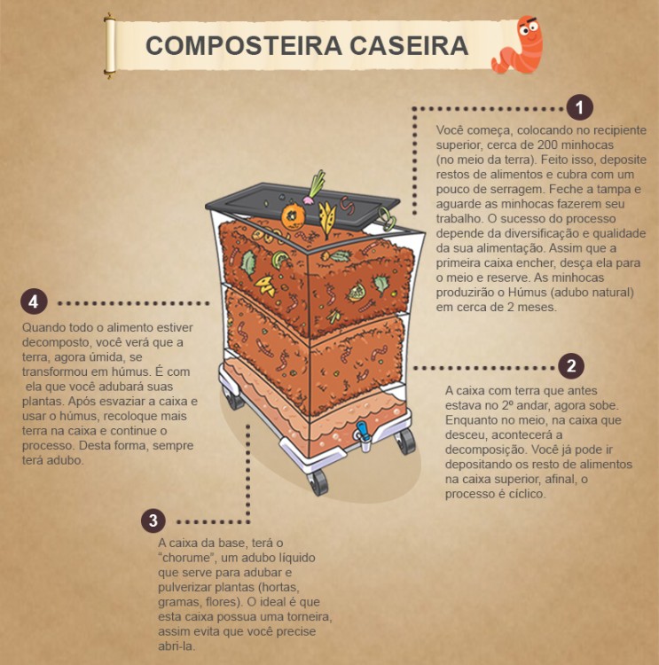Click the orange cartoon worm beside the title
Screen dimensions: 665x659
point(519,45)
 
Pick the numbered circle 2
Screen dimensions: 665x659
point(570,366)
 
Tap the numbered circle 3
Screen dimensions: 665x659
point(153,520)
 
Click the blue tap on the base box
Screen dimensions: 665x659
point(362,434)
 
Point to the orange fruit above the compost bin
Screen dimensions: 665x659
point(292,215)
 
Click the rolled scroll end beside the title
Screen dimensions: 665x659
point(110,46)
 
